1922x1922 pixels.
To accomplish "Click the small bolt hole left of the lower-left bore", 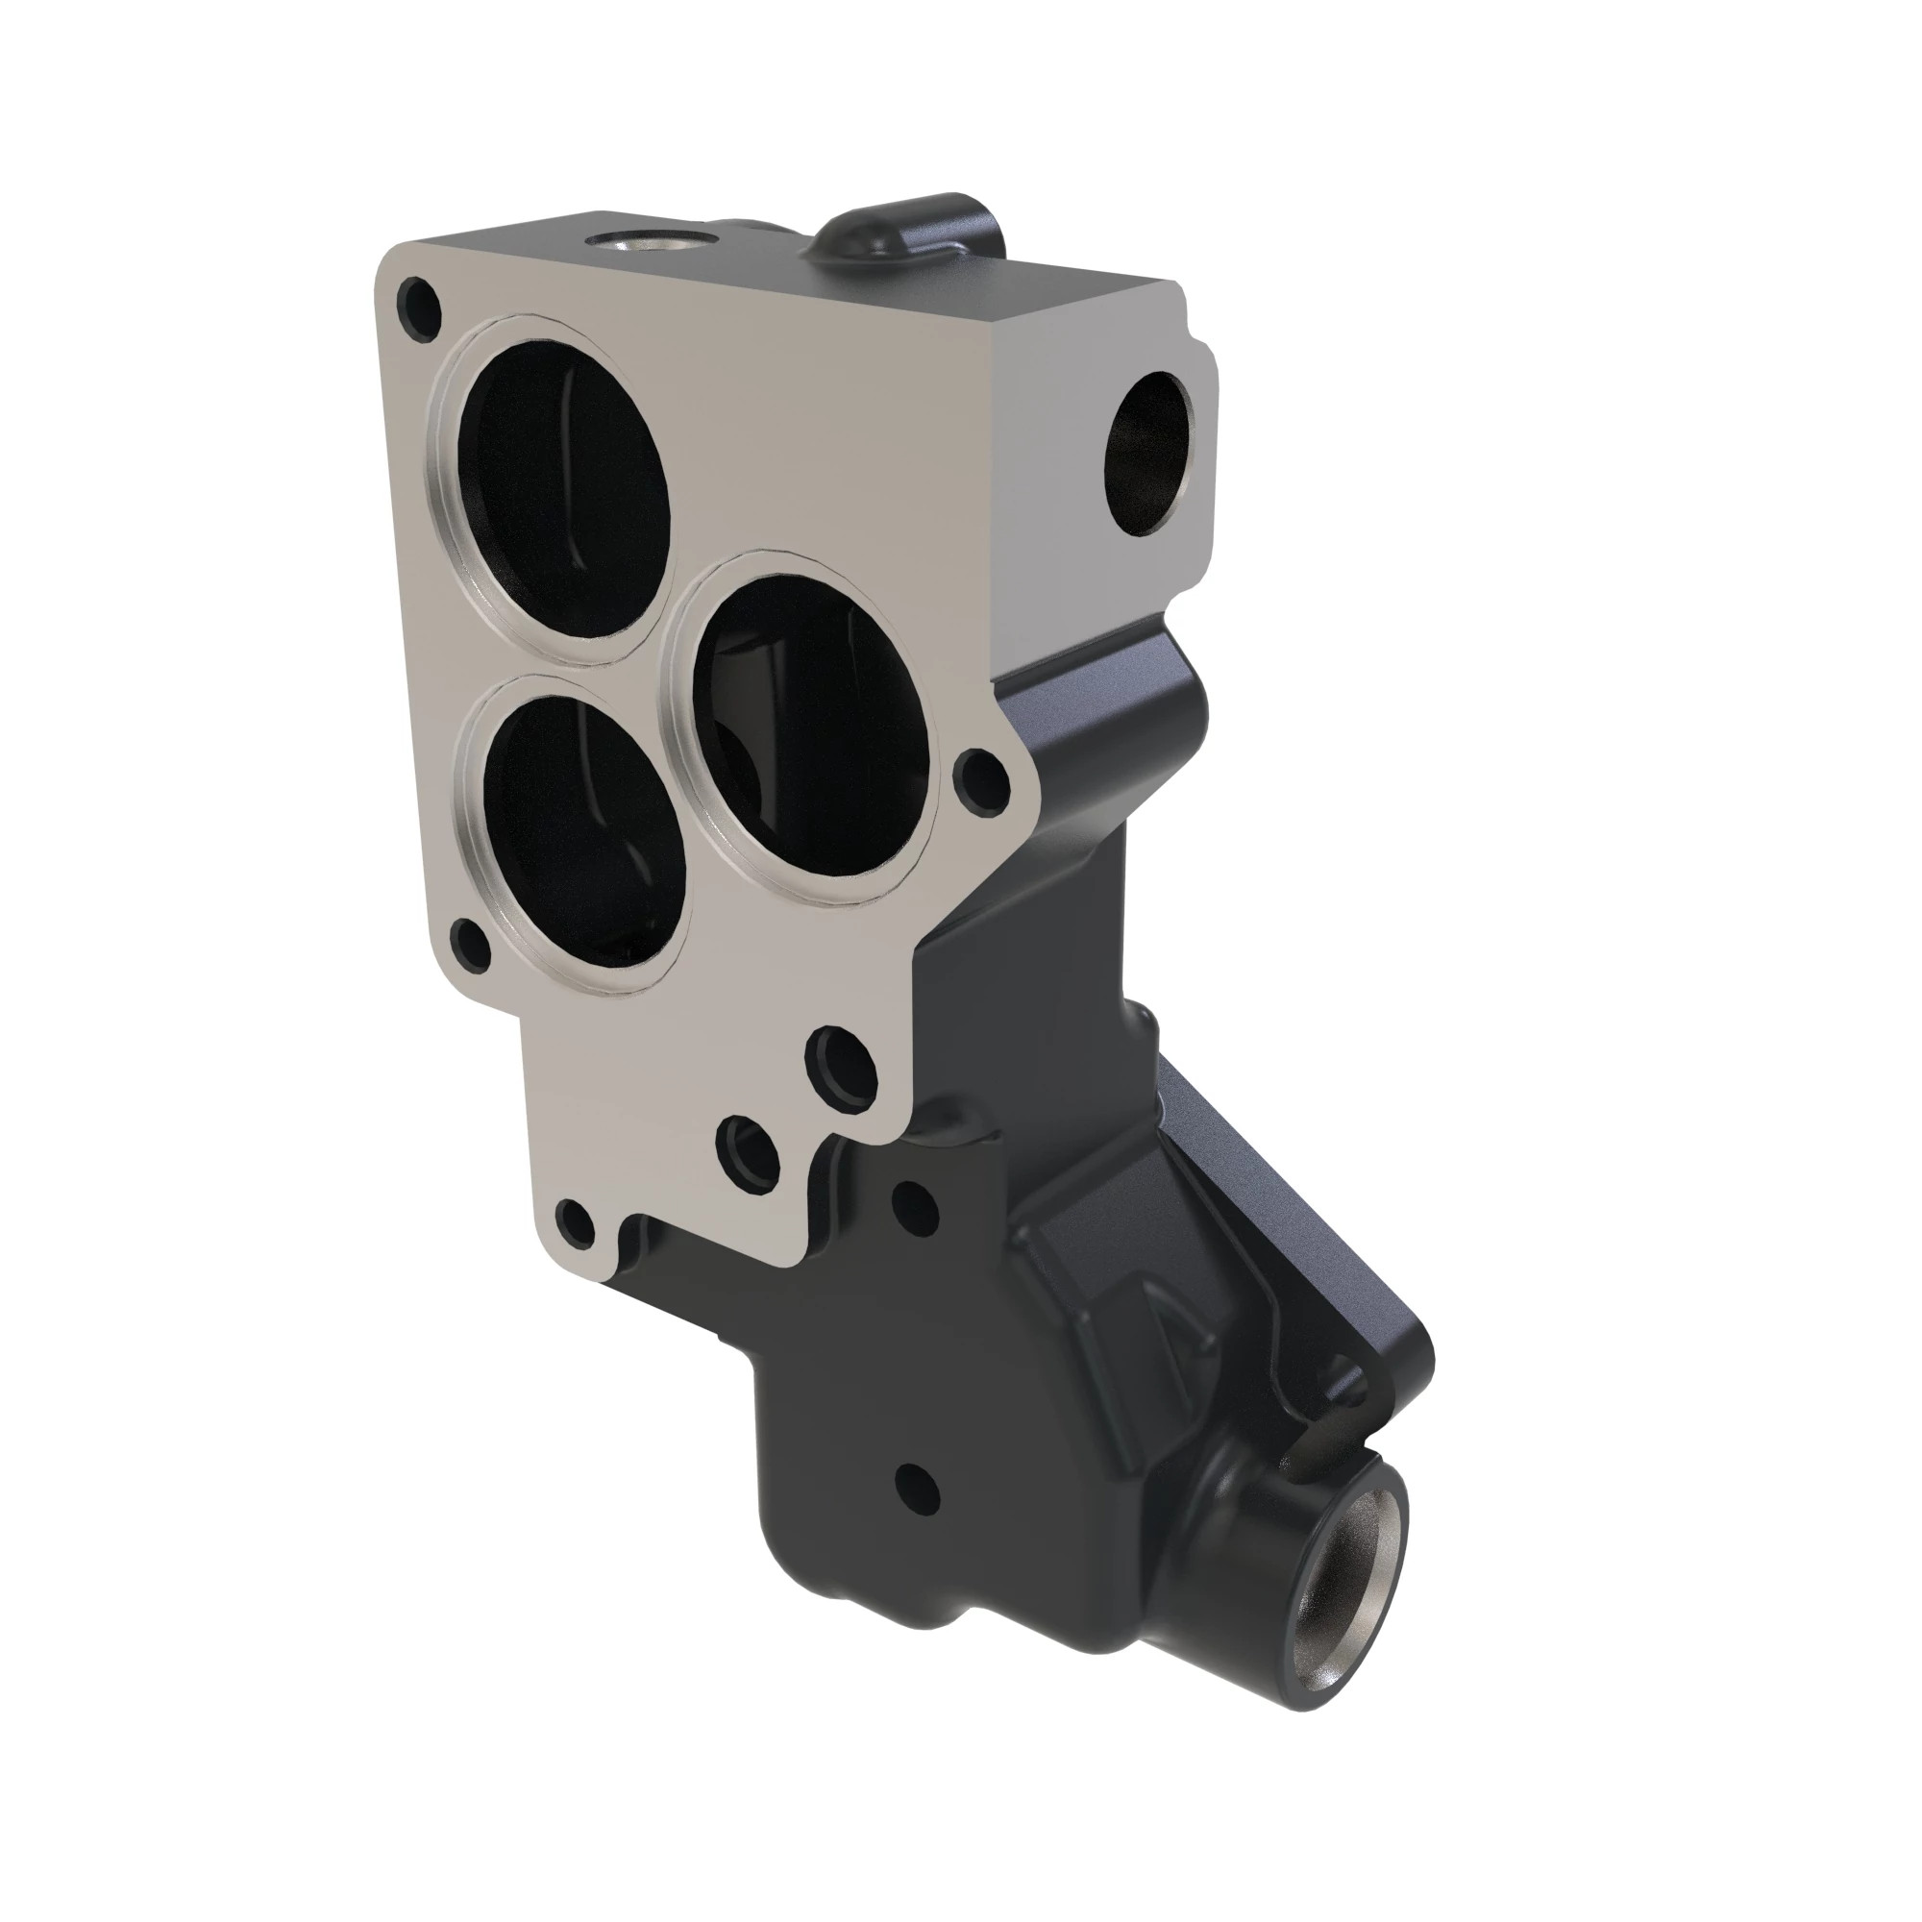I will [470, 944].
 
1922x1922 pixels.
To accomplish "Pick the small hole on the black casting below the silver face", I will [915, 1204].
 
